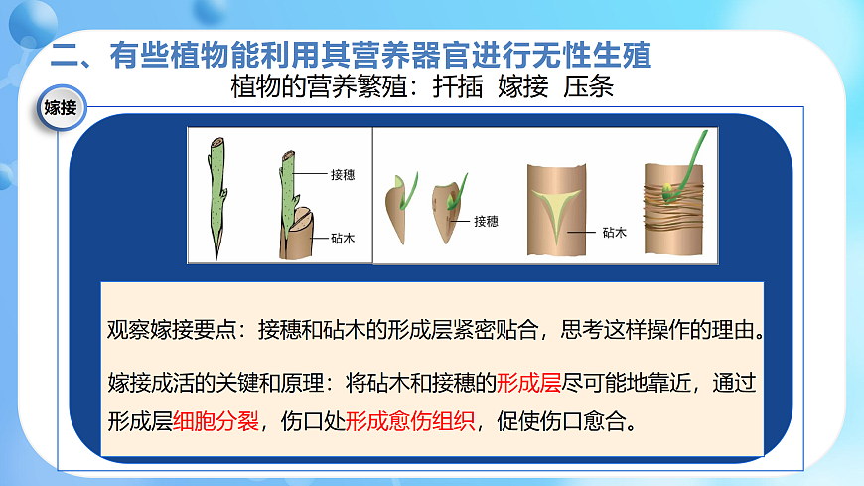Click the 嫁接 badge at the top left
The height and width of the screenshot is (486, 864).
tap(61, 108)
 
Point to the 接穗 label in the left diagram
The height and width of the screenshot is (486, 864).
tap(343, 174)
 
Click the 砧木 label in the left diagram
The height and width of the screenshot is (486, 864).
tap(343, 239)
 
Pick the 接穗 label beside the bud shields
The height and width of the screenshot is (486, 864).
tap(486, 221)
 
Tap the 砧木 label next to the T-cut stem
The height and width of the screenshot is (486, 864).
tap(614, 233)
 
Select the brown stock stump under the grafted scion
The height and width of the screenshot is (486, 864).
tap(296, 239)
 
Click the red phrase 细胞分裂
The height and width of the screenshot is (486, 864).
tap(216, 419)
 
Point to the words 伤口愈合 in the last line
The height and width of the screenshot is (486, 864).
tap(583, 419)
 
